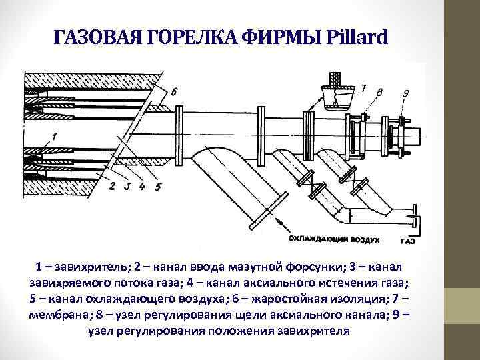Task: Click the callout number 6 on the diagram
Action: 174,92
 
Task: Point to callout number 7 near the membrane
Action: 363,87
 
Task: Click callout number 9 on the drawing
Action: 407,93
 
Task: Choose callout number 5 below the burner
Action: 157,187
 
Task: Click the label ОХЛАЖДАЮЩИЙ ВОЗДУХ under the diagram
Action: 335,238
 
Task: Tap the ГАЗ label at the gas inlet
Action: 408,239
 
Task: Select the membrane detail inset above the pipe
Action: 336,94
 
